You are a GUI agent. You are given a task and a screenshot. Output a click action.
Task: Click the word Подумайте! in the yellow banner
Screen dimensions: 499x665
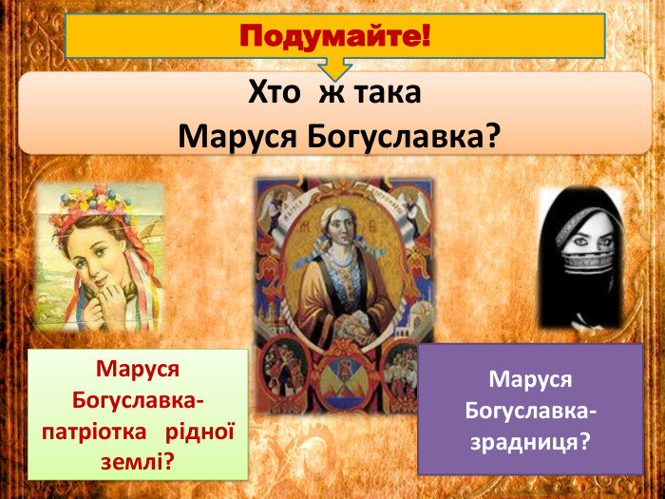pos(334,38)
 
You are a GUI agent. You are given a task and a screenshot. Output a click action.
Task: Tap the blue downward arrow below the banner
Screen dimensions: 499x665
pos(334,68)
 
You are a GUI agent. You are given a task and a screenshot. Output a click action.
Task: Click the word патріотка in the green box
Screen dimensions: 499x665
pos(95,431)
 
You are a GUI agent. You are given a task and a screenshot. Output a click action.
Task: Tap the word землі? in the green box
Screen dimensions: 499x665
pos(138,462)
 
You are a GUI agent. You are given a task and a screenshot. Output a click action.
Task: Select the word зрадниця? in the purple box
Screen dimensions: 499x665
pos(530,441)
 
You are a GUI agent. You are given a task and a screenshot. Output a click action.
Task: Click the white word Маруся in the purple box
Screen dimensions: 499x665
pos(530,379)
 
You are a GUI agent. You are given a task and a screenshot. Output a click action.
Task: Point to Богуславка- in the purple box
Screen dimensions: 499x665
pos(530,411)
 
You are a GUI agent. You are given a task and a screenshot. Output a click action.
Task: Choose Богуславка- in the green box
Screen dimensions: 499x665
pos(138,399)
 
